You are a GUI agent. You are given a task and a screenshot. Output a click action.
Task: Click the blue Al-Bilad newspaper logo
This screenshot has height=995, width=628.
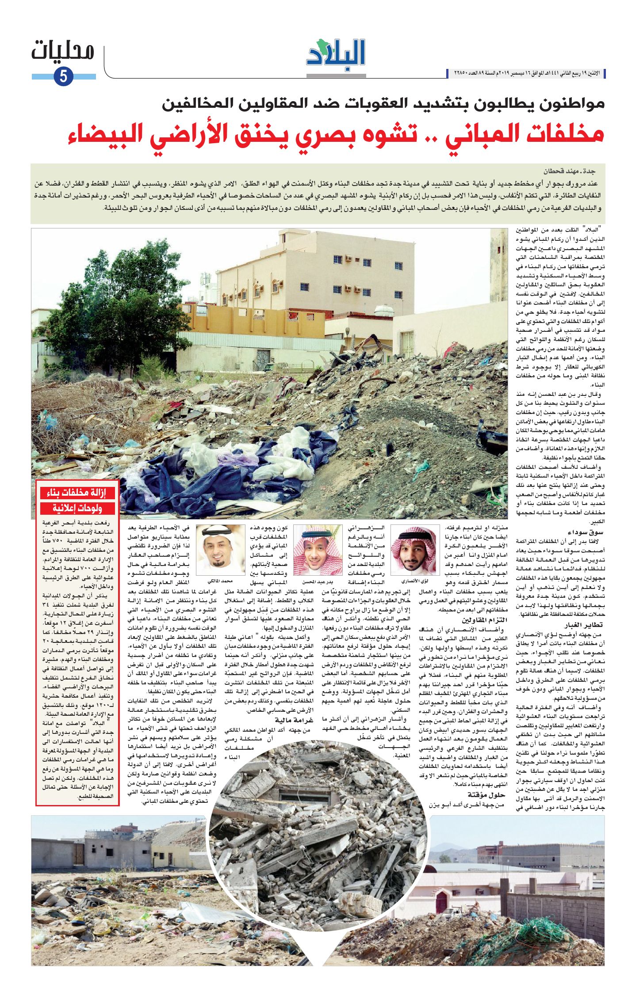tap(336, 54)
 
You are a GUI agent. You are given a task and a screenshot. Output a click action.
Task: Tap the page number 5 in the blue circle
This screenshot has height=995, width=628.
tap(63, 76)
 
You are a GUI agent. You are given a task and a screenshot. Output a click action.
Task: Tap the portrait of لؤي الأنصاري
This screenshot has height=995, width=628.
tap(414, 550)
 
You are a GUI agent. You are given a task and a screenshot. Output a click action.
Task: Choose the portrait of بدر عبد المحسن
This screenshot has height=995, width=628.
tap(318, 550)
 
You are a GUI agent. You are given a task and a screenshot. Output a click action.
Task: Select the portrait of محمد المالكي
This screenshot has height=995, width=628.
tap(220, 550)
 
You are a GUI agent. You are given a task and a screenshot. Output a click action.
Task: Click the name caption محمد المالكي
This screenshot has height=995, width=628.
tap(220, 581)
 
